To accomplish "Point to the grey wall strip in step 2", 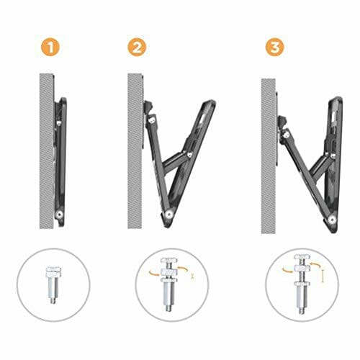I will coord(135,144).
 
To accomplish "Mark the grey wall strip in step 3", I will coord(269,144).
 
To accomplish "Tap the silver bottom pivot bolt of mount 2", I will coord(167,214).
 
